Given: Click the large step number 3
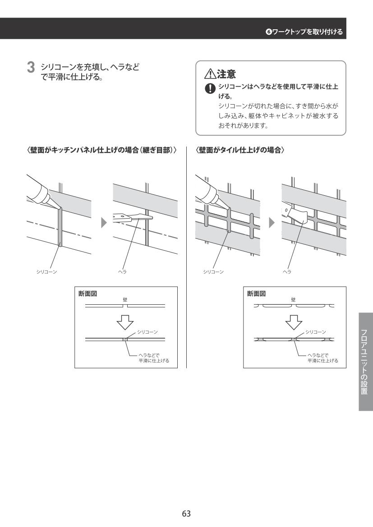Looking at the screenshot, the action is (31, 68).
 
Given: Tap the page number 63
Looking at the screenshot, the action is (186, 513).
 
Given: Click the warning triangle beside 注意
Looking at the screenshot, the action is (210, 73).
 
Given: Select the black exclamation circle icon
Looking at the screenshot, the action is (210, 88).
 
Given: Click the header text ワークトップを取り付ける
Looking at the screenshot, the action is (308, 32).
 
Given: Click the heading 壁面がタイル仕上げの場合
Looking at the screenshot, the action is (240, 150).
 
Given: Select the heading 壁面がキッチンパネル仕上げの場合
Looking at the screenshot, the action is (101, 150).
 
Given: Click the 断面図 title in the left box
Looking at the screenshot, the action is (87, 294).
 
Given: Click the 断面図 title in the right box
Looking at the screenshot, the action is (256, 294).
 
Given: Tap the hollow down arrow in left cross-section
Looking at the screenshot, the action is (125, 322).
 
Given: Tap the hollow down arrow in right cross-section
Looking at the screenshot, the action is (294, 322).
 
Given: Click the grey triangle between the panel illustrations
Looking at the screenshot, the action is (104, 223).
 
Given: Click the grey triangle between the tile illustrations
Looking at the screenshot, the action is (272, 223).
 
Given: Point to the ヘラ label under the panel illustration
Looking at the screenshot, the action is (122, 272).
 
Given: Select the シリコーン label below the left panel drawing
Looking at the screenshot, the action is (47, 272).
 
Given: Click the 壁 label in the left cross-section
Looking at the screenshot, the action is (125, 300).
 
